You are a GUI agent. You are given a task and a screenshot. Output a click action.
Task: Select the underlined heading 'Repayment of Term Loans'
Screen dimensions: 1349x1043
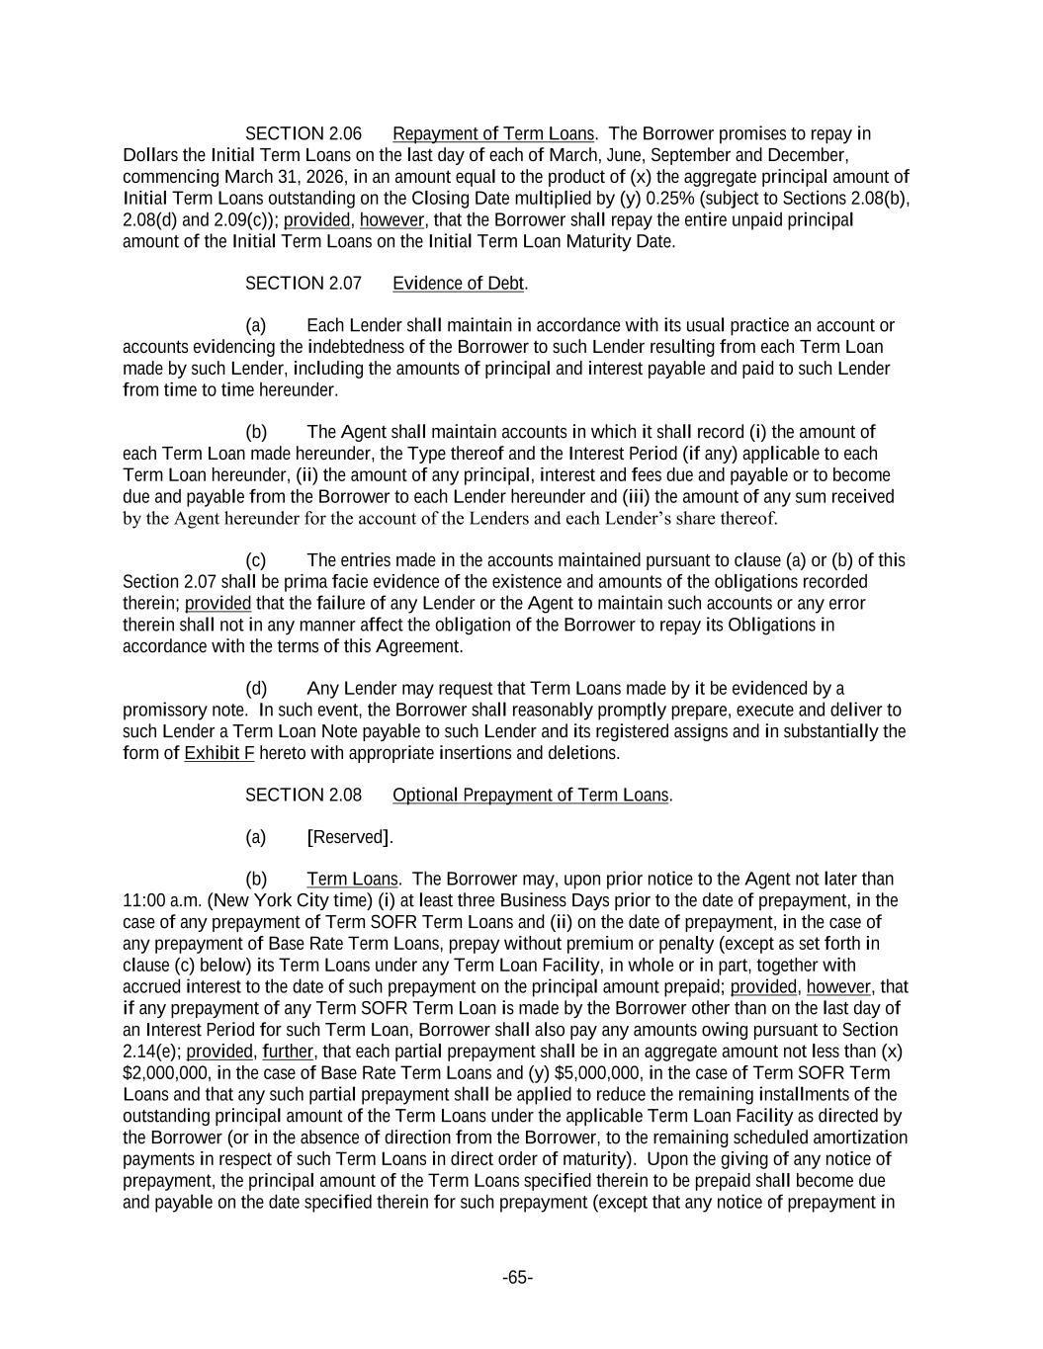click(493, 133)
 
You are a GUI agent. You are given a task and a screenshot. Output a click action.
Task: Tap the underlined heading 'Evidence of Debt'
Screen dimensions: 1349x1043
click(459, 284)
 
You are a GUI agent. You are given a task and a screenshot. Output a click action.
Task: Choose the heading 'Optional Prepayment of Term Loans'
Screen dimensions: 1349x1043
click(531, 795)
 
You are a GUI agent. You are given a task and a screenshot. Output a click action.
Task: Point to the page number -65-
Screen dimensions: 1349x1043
click(518, 1278)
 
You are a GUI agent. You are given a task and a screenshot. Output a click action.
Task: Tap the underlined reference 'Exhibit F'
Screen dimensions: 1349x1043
click(218, 753)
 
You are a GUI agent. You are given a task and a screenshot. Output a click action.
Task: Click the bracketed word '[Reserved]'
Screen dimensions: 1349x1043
click(350, 837)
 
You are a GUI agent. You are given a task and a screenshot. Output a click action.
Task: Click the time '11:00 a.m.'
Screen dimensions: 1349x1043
click(162, 900)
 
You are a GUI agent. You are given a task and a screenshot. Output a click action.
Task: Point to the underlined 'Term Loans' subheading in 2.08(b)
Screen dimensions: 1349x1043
click(352, 879)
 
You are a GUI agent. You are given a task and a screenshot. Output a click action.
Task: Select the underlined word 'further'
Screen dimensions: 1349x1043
click(288, 1052)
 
